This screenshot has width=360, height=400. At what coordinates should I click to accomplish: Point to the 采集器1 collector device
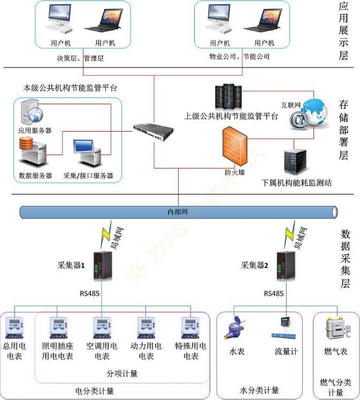pos(102,264)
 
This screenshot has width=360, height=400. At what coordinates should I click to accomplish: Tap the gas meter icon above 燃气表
pos(336,328)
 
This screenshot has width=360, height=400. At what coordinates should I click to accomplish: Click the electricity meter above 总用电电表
pos(14,327)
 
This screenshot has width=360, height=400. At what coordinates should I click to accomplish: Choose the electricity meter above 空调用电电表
pos(102,327)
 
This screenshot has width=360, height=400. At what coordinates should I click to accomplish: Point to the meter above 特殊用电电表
pos(190,327)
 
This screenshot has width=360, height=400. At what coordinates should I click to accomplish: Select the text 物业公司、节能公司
pos(239,56)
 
